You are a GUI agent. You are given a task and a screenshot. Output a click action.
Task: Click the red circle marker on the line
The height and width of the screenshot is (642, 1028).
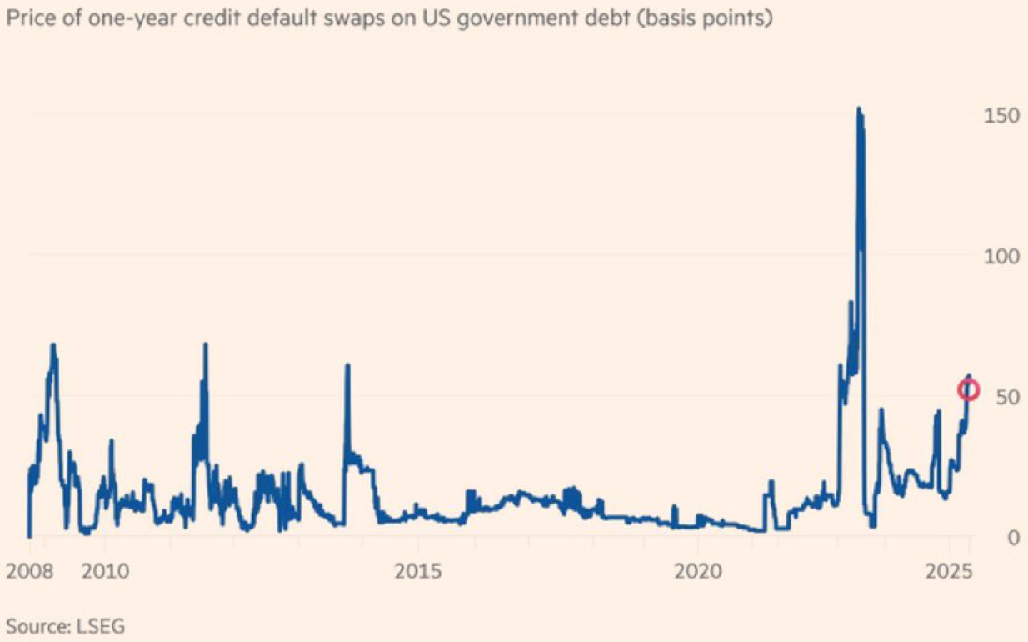(967, 389)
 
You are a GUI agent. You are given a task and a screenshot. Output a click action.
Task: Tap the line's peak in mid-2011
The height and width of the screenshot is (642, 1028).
(205, 344)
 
